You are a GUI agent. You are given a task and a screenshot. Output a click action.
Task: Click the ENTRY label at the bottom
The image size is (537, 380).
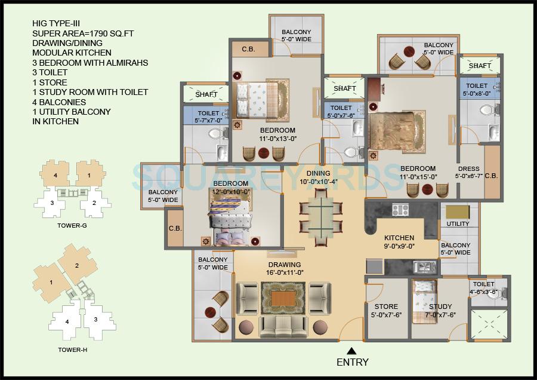[x=352, y=362]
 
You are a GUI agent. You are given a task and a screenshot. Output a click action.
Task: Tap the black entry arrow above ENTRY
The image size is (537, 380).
[x=352, y=351]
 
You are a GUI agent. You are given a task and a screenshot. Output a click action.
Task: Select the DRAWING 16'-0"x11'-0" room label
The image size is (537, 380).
[x=285, y=269]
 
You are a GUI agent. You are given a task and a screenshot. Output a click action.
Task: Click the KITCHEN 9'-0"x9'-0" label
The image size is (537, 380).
[x=399, y=241]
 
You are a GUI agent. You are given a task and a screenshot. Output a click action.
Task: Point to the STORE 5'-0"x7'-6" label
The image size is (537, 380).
[x=386, y=311]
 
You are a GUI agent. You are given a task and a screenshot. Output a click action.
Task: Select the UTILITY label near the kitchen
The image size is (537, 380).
[x=458, y=224]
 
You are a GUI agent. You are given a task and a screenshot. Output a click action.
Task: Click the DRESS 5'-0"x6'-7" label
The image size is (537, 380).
[x=468, y=172]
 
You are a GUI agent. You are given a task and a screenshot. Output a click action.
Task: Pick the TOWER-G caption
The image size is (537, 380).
[x=73, y=226]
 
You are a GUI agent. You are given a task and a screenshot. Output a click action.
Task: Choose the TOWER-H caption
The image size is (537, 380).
[x=73, y=350]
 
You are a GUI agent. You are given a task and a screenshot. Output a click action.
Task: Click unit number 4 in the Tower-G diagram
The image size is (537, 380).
[x=55, y=176]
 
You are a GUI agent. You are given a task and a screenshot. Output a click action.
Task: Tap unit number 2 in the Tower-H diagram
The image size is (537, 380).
[x=77, y=265]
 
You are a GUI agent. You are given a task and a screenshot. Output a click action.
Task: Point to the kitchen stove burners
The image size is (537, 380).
[x=400, y=210]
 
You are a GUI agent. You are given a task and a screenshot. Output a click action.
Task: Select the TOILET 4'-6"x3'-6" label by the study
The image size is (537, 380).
[x=483, y=288]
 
